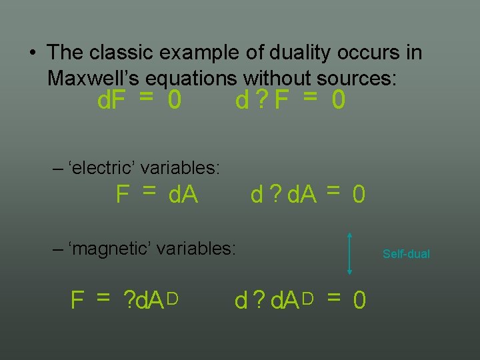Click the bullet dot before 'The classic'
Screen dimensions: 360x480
pos(32,52)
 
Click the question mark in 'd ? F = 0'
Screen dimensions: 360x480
pos(263,101)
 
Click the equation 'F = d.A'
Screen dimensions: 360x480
pos(157,194)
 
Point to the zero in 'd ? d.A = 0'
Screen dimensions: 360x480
pos(359,195)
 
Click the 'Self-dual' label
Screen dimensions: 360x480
pos(406,254)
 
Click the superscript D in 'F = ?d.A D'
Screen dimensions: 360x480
pos(171,298)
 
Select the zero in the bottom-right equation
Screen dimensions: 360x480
pos(359,301)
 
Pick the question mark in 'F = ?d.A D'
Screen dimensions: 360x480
pos(129,301)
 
